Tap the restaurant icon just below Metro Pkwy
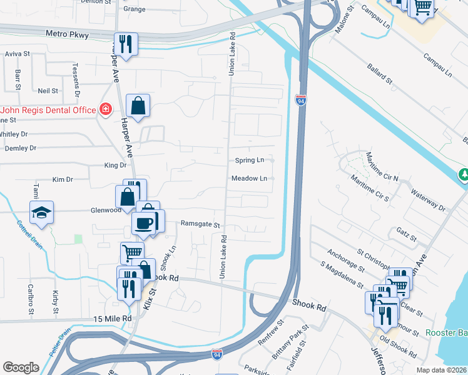coord(126,44)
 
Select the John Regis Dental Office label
coord(48,110)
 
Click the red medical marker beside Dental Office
coord(105,110)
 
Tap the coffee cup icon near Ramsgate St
coord(143,223)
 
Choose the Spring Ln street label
coord(250,161)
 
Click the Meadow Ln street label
coord(249,179)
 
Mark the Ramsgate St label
coord(200,224)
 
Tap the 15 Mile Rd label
coord(113,319)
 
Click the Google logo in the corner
coord(21,367)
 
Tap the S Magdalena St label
coord(342,276)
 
